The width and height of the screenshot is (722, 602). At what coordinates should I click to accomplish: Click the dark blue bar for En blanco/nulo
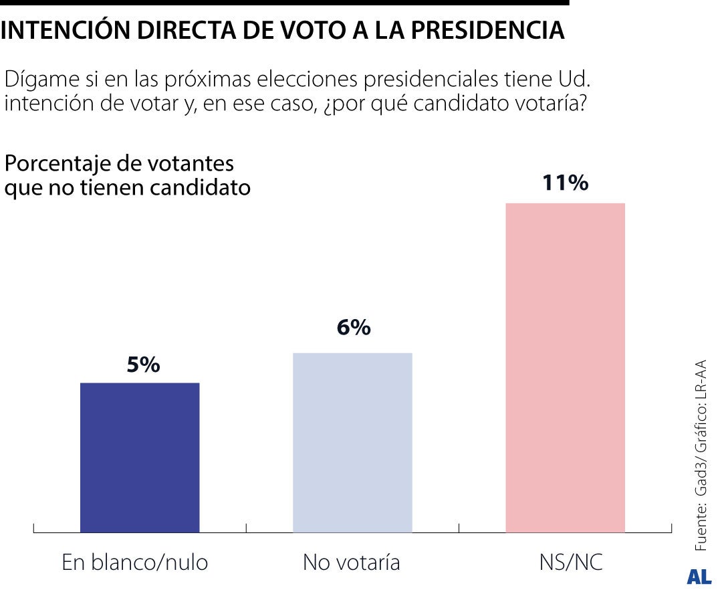[x=140, y=458]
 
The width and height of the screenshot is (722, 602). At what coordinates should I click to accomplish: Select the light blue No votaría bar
[x=352, y=442]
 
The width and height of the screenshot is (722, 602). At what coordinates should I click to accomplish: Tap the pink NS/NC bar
[x=565, y=368]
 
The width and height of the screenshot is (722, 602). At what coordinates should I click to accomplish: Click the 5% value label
[x=142, y=365]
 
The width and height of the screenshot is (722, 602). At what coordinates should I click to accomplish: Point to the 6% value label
[x=353, y=328]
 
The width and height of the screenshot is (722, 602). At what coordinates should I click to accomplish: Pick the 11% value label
[x=565, y=183]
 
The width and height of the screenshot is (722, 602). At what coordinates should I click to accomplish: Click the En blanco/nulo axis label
[x=135, y=563]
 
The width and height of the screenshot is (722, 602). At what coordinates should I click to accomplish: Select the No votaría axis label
[x=352, y=563]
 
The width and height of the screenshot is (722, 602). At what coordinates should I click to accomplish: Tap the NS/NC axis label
[x=570, y=563]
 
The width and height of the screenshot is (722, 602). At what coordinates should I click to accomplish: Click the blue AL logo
[x=699, y=577]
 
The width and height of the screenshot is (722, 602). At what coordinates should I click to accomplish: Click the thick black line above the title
[x=284, y=3]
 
